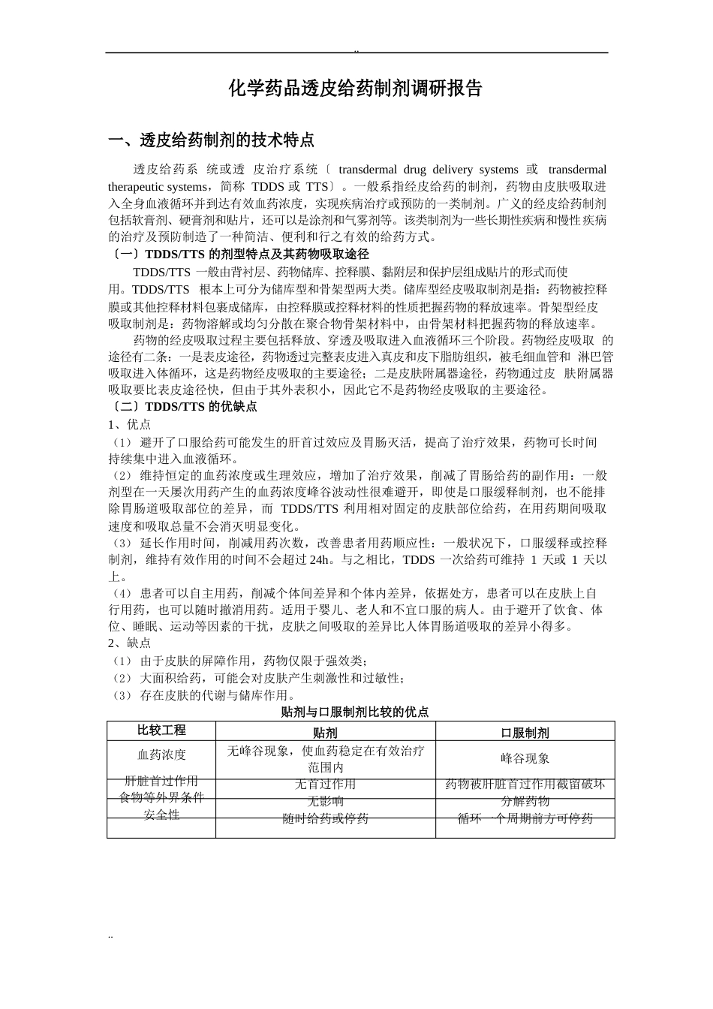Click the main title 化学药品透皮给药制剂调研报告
(355, 89)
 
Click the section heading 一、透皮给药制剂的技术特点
(211, 140)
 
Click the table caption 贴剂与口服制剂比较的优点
(355, 712)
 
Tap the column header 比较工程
(161, 730)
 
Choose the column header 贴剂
(325, 733)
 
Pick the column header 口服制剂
(525, 733)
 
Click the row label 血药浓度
(161, 754)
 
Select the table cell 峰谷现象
(525, 758)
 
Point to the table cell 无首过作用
(325, 785)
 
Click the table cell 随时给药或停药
(325, 818)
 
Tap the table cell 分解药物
(525, 801)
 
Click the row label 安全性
(161, 814)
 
